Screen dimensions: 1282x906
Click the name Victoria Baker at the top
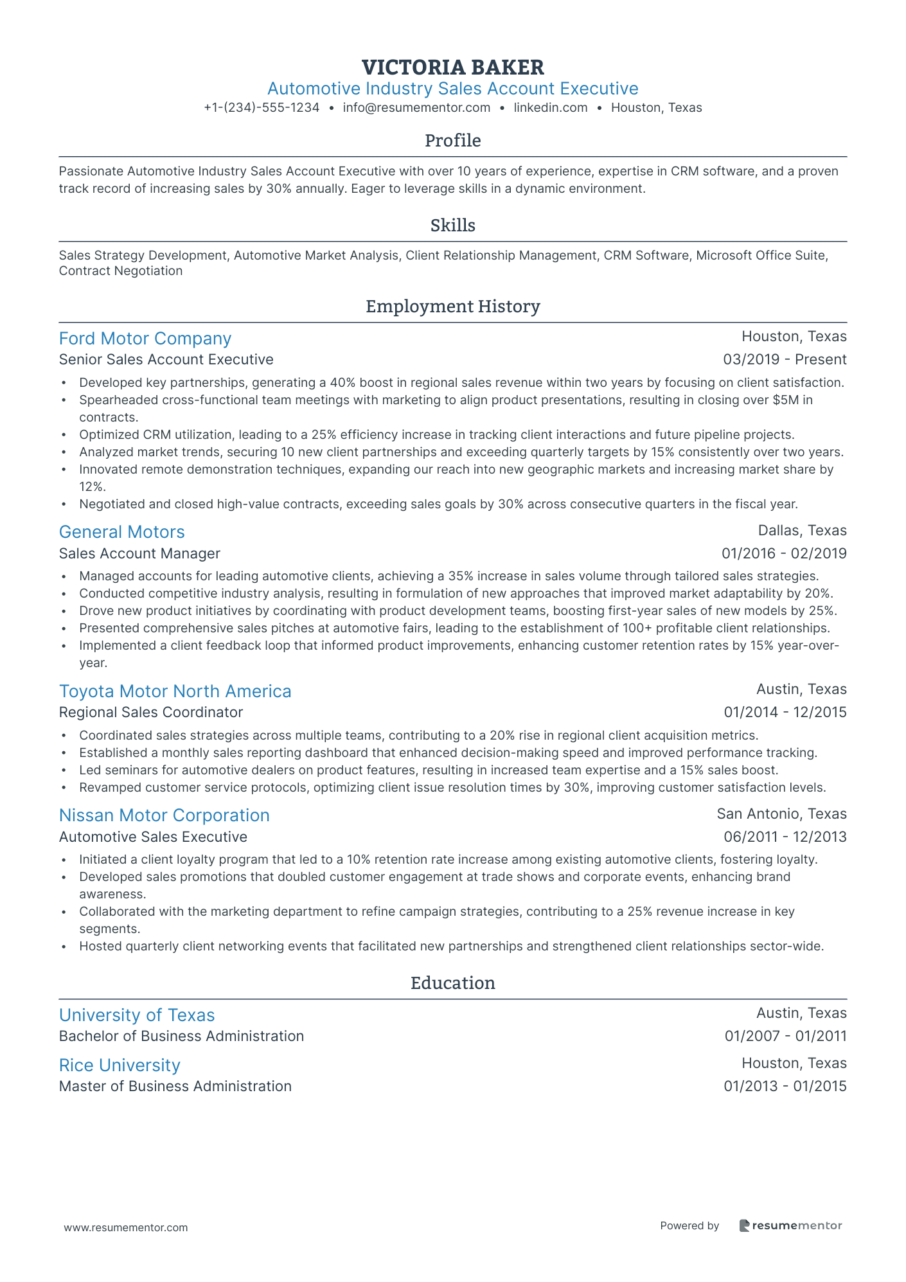click(x=452, y=67)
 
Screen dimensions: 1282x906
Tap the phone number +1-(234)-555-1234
click(x=262, y=108)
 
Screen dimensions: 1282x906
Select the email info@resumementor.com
click(x=416, y=108)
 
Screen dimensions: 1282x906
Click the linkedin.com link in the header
click(x=551, y=108)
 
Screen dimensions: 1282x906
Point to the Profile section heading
click(x=452, y=141)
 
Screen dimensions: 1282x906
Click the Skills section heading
click(x=452, y=226)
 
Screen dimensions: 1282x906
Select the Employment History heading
click(x=452, y=307)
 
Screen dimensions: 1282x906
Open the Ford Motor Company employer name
click(x=145, y=339)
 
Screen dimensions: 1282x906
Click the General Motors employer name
click(x=121, y=532)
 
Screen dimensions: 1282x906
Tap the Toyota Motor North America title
click(x=175, y=691)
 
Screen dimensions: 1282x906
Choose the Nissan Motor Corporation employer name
click(x=164, y=815)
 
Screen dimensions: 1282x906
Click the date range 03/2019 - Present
click(x=785, y=360)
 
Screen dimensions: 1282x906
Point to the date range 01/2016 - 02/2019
click(x=784, y=553)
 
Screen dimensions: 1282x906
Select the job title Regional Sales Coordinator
click(x=151, y=712)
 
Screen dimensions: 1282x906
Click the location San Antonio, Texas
click(x=781, y=814)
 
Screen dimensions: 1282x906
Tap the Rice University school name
click(x=120, y=1065)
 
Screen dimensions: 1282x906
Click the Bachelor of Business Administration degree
click(x=181, y=1036)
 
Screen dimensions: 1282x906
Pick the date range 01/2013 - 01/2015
click(x=785, y=1086)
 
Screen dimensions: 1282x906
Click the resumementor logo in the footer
click(x=790, y=1225)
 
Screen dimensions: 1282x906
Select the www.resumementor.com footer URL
click(x=126, y=1227)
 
